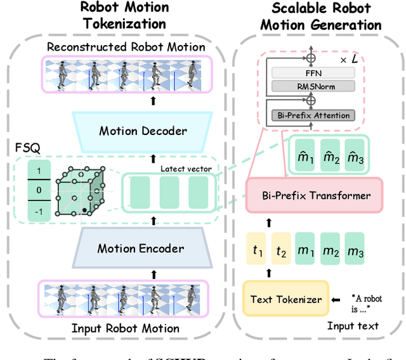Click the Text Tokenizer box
[285, 299]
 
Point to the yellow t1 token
[257, 252]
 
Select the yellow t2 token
[282, 252]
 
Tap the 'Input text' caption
[353, 326]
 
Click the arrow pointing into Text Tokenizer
[337, 299]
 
